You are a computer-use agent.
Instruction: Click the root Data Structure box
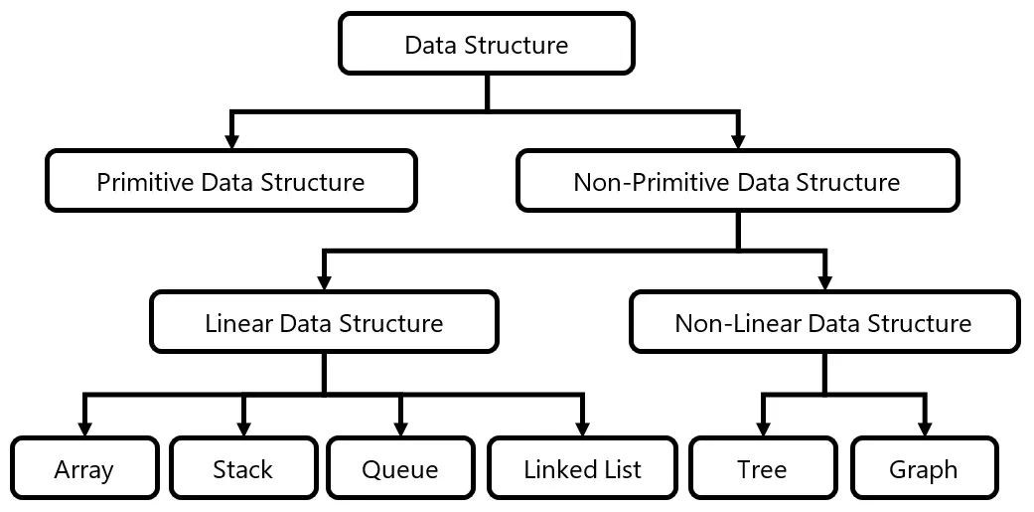(486, 45)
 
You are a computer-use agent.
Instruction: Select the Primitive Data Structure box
(230, 182)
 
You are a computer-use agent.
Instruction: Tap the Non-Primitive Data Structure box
(737, 182)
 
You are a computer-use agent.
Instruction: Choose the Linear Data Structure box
(324, 323)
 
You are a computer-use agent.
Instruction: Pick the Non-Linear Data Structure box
(823, 323)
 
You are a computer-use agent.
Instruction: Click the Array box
(84, 468)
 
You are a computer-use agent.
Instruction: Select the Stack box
(242, 468)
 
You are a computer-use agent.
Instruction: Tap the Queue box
(400, 468)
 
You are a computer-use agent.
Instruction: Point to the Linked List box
(582, 468)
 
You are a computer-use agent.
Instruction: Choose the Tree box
(762, 468)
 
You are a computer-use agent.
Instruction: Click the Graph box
(924, 468)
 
